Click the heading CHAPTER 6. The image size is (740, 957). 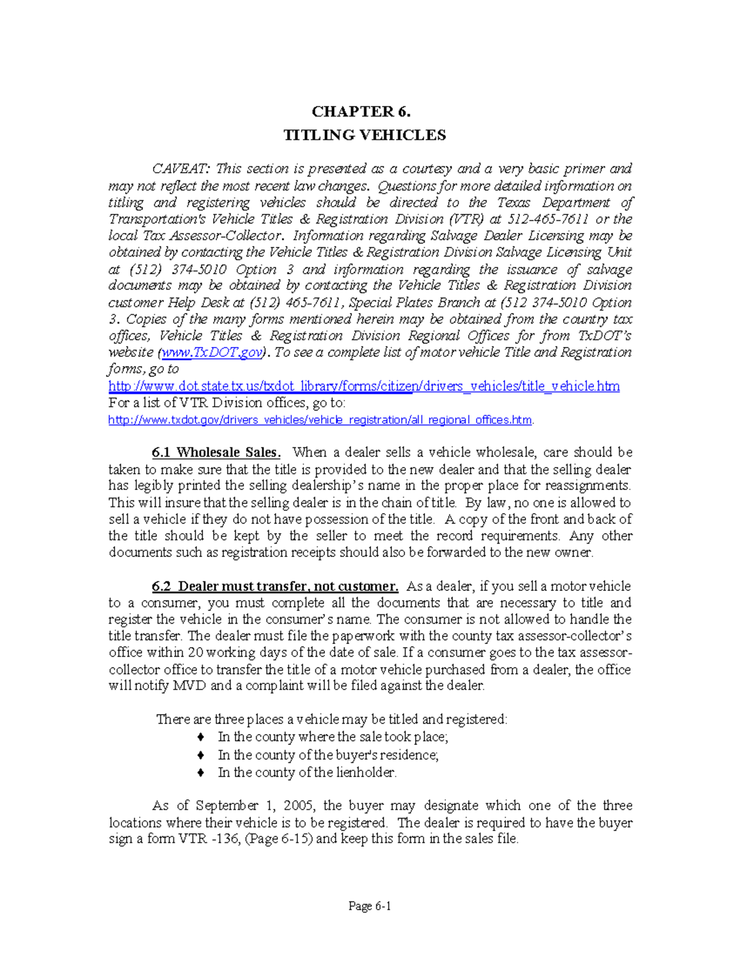pos(361,112)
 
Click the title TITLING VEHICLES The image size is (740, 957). pos(364,135)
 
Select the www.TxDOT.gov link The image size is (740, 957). pos(212,352)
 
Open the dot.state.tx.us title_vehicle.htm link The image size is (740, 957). pos(364,386)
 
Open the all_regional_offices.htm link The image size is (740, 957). pos(320,420)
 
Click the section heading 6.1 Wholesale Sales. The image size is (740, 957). pos(216,452)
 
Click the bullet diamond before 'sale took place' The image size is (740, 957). pos(200,737)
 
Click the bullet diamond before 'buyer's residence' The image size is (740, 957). pos(200,755)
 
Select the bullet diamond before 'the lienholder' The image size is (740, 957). pos(200,772)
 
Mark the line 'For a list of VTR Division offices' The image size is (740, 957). pos(227,403)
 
